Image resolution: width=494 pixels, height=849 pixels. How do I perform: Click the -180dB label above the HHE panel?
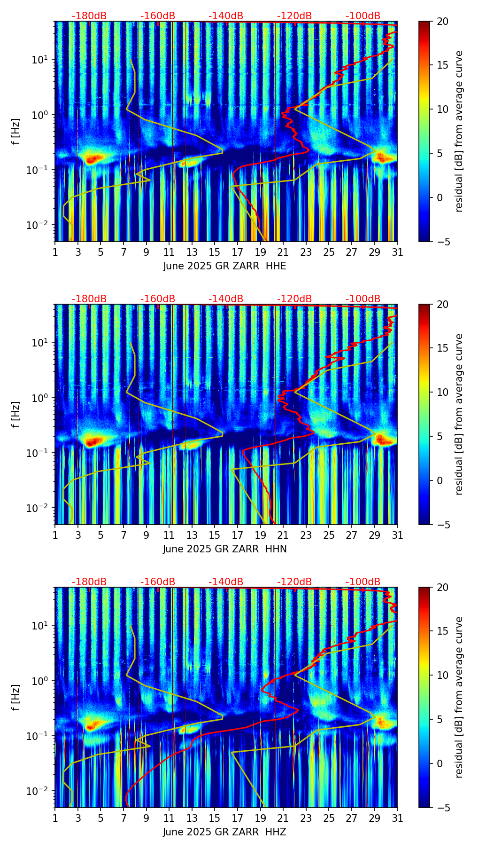(89, 16)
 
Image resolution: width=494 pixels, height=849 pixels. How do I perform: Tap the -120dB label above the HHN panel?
(294, 299)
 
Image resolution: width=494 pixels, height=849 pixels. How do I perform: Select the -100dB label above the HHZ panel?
(363, 582)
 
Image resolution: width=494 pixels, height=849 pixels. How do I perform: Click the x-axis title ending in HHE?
(224, 266)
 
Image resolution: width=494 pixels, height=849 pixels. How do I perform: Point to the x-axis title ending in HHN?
(224, 549)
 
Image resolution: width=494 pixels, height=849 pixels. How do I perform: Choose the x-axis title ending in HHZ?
(224, 832)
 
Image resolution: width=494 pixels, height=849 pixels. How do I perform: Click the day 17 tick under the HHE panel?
(238, 252)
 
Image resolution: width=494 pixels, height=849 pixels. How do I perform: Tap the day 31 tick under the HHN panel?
(397, 535)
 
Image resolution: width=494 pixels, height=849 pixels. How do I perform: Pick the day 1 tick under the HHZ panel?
(55, 818)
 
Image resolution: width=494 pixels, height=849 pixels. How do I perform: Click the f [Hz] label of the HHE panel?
(16, 131)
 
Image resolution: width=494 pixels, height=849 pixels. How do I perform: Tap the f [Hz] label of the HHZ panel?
(16, 697)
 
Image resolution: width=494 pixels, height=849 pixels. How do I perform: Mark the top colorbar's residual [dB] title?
(459, 131)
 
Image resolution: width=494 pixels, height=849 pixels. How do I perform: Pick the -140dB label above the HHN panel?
(226, 299)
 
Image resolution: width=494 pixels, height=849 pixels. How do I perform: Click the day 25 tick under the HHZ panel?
(329, 818)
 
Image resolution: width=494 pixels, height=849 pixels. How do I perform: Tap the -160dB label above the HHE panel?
(158, 16)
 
